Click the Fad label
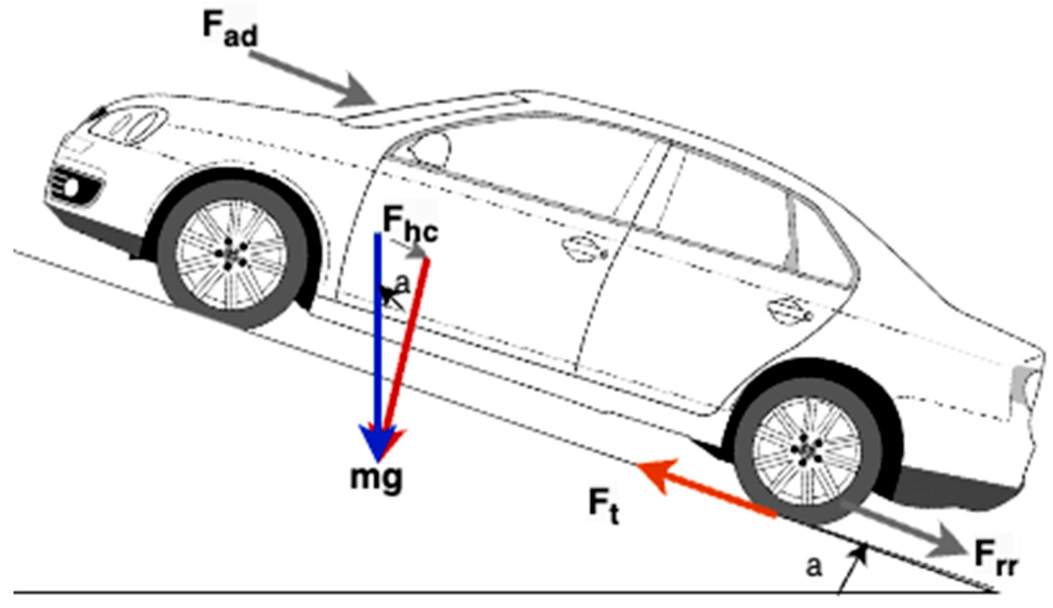[x=230, y=29]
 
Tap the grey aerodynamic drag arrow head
[x=355, y=93]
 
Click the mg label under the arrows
[x=376, y=478]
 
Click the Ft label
[x=603, y=506]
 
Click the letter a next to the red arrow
[x=402, y=284]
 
